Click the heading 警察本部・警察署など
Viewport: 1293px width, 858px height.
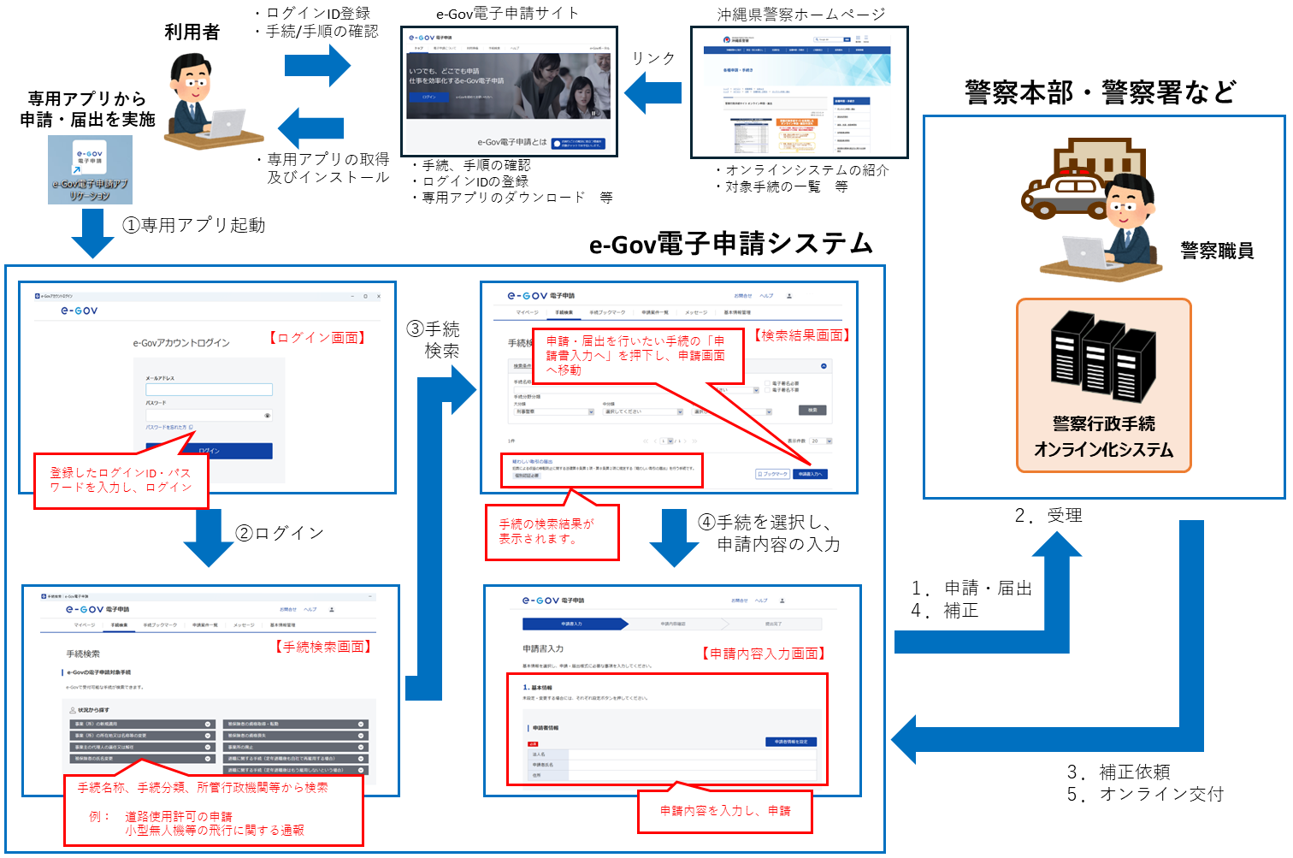click(x=1101, y=92)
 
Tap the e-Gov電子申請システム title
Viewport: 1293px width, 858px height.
click(x=731, y=245)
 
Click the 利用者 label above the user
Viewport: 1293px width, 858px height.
click(x=192, y=33)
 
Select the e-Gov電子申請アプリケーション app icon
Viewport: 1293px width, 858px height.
click(x=90, y=170)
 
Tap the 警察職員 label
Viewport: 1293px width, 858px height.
click(x=1217, y=251)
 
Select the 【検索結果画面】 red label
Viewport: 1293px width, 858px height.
click(x=802, y=335)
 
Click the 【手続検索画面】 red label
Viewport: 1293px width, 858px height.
click(x=324, y=647)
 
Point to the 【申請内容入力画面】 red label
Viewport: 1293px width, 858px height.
click(x=764, y=654)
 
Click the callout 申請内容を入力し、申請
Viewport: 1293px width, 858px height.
click(x=725, y=811)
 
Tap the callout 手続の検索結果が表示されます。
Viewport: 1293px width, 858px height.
click(x=552, y=531)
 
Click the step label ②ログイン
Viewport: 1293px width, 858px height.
click(x=280, y=533)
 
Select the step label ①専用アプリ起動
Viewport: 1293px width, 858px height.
click(x=194, y=225)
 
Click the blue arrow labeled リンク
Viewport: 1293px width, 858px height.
click(x=653, y=92)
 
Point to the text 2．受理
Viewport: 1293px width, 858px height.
click(x=1048, y=515)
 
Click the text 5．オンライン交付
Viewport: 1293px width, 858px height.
click(x=1145, y=794)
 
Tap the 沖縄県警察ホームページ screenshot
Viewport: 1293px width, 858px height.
click(x=799, y=92)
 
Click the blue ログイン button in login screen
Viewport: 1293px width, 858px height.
click(x=210, y=451)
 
